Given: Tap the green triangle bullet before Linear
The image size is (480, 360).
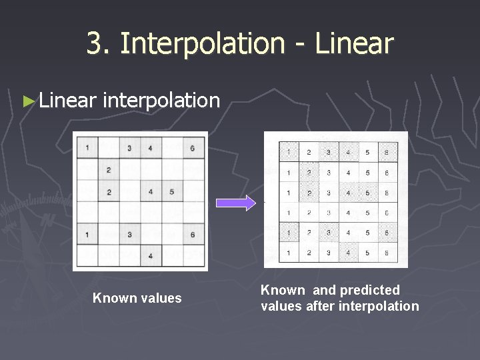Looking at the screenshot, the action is [x=28, y=101].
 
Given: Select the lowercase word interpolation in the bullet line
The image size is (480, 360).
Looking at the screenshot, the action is [x=162, y=100].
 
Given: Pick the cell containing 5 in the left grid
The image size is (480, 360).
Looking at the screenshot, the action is [x=172, y=192].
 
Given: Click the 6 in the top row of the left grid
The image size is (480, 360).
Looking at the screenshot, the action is [x=192, y=148].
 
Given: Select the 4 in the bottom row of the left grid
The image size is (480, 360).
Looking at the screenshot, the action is [x=151, y=255].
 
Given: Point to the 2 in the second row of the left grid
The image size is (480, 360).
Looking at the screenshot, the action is [x=108, y=170].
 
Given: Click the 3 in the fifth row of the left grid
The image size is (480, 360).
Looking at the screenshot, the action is [x=129, y=234].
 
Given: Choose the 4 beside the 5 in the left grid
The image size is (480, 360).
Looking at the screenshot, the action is [x=151, y=192].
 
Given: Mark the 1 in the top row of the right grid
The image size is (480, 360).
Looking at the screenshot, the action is [x=288, y=153].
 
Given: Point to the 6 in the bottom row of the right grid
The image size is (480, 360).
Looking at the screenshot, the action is [x=387, y=253].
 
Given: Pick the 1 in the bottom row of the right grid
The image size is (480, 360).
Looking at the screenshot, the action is [x=288, y=253].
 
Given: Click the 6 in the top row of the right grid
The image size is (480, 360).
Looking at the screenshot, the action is [x=387, y=153].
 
